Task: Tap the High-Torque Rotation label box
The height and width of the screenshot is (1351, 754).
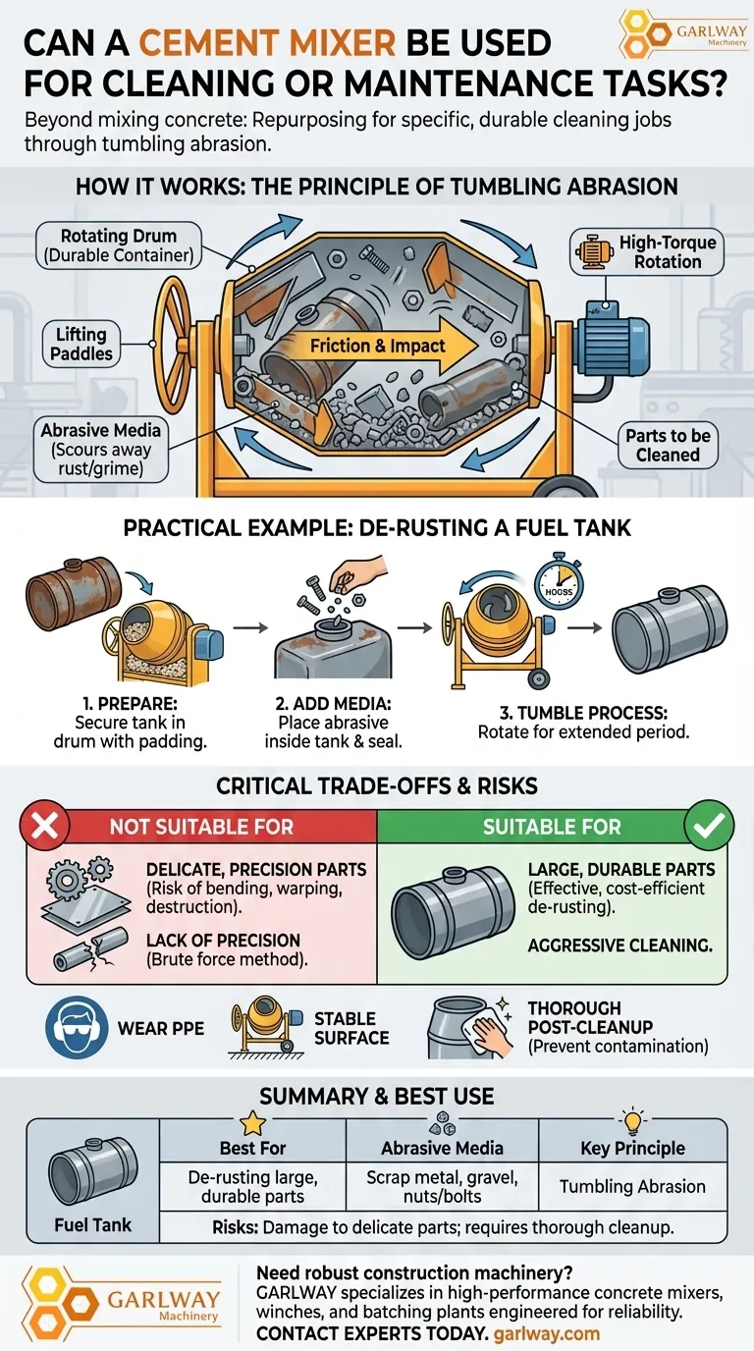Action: point(648,251)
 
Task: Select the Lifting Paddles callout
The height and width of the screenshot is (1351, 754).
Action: point(81,344)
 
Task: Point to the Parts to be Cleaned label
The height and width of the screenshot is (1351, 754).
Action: point(668,445)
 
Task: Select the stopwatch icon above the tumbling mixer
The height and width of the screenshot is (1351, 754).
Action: point(558,583)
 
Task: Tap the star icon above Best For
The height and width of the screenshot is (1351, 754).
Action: point(252,1123)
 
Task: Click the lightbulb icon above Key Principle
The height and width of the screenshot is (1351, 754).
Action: point(632,1123)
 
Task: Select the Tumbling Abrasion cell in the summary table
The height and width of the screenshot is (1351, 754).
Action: point(632,1186)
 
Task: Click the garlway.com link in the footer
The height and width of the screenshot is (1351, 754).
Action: point(548,1334)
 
